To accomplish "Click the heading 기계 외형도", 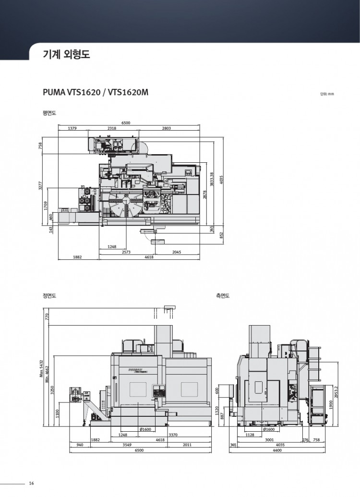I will (x=66, y=55).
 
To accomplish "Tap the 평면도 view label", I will (x=49, y=113).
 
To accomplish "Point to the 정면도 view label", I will (x=49, y=296).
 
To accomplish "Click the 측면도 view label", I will (x=223, y=296).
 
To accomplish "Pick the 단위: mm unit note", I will (x=326, y=94).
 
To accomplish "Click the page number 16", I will (x=31, y=483).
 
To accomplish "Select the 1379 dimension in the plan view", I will (x=72, y=129).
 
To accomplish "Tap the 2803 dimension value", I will (x=167, y=129).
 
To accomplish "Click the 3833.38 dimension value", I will (x=212, y=181).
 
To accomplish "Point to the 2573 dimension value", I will (x=126, y=252).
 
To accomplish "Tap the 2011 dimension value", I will (x=187, y=445).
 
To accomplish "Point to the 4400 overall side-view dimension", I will (x=276, y=450).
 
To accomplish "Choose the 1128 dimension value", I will (x=250, y=435).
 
